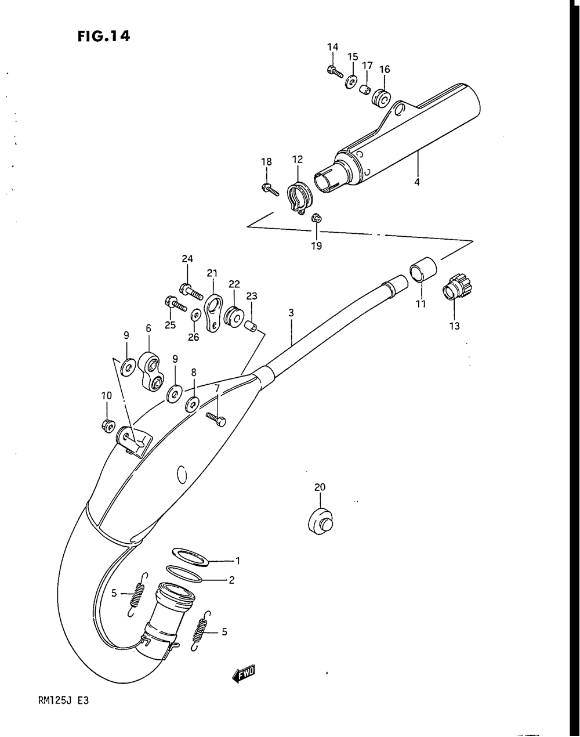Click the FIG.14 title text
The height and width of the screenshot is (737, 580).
[103, 36]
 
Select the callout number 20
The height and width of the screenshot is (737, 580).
[320, 487]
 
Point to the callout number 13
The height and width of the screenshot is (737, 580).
[454, 326]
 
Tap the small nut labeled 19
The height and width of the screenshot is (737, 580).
[316, 218]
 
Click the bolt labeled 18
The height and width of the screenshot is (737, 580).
[268, 189]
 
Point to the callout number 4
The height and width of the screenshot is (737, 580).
[416, 182]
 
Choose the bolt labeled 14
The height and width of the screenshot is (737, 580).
[333, 71]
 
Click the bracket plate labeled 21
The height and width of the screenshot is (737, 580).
[213, 312]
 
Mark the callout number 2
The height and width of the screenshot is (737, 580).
[231, 579]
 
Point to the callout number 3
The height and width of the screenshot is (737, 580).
[291, 313]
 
